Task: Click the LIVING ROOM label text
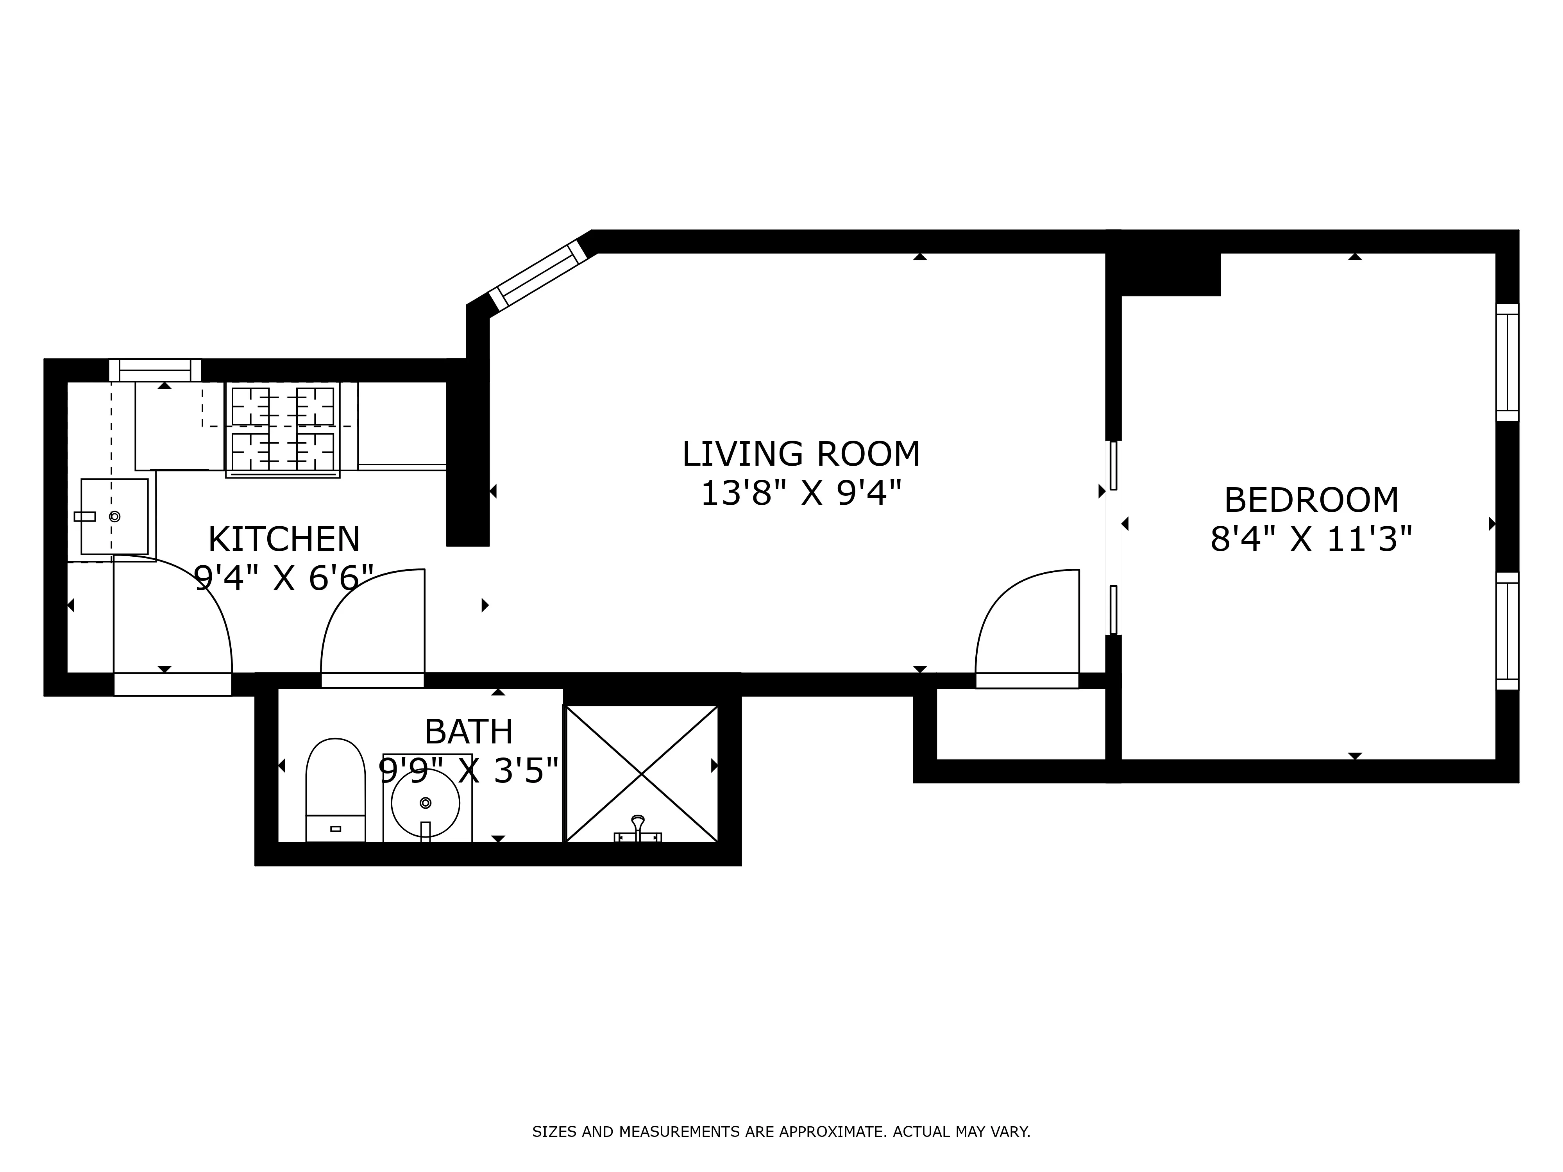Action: [x=801, y=454]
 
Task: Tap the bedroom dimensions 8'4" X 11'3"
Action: [x=1311, y=539]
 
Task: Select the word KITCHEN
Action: [x=284, y=539]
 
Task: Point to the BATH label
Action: [x=469, y=731]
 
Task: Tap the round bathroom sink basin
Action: [x=426, y=803]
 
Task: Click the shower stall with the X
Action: [x=642, y=774]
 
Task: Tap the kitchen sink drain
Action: [x=114, y=516]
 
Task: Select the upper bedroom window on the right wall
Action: [x=1507, y=362]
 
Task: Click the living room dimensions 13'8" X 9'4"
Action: [x=801, y=493]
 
